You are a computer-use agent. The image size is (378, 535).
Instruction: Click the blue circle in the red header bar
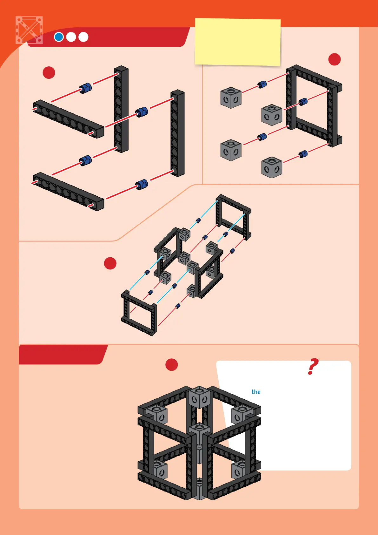[x=59, y=37]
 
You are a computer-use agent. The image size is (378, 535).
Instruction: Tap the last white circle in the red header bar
[x=83, y=37]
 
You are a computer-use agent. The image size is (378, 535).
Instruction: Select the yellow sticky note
[x=238, y=42]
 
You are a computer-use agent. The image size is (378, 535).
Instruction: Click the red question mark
[x=313, y=366]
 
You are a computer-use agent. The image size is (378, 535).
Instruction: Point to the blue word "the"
[x=256, y=392]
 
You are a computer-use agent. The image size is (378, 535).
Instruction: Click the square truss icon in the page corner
[x=29, y=30]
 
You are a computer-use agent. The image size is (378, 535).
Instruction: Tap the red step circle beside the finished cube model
[x=172, y=365]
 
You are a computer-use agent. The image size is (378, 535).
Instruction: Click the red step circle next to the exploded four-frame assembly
[x=110, y=263]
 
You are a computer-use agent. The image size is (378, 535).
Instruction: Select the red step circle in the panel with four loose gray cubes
[x=335, y=59]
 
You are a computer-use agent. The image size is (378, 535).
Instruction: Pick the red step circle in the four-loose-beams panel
[x=49, y=73]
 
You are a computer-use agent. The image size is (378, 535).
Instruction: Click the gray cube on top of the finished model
[x=199, y=397]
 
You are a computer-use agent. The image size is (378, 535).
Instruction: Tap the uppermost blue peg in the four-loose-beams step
[x=85, y=88]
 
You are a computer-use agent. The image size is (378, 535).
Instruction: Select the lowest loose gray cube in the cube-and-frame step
[x=272, y=167]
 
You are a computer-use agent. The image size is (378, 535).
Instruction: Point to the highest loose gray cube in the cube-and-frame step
[x=231, y=98]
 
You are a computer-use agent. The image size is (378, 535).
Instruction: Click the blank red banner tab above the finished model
[x=63, y=354]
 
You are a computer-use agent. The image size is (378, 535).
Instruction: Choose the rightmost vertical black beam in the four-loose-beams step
[x=177, y=133]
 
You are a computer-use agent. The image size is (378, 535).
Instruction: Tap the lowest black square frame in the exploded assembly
[x=139, y=313]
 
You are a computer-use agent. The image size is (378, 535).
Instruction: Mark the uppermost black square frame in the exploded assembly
[x=233, y=216]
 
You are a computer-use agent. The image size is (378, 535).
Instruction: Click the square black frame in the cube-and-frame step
[x=314, y=106]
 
